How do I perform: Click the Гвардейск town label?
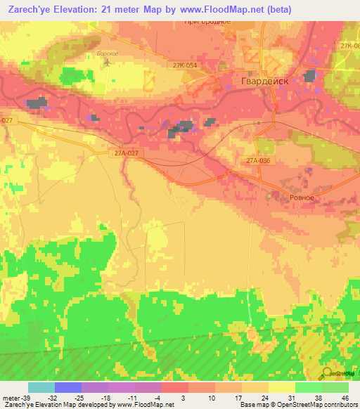(270, 79)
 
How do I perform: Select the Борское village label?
(106, 53)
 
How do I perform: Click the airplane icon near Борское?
(108, 62)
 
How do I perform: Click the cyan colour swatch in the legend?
(41, 387)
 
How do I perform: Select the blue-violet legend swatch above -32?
(68, 387)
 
